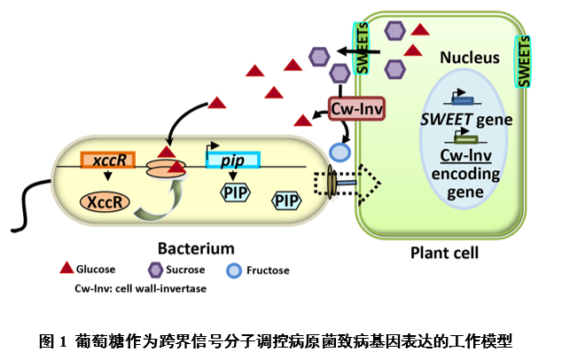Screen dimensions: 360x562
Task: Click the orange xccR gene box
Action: tap(106, 160)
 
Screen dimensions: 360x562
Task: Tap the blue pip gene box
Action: tap(232, 160)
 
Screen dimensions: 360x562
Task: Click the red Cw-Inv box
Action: tap(355, 109)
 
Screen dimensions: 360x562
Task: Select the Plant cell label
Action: tap(444, 253)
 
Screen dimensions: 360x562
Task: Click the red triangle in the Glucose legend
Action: tap(66, 267)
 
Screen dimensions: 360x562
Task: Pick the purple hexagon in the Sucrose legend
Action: tap(154, 267)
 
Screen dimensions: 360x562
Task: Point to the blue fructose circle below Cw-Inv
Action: tap(340, 152)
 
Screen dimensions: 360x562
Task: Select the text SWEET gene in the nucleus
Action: tap(466, 121)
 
